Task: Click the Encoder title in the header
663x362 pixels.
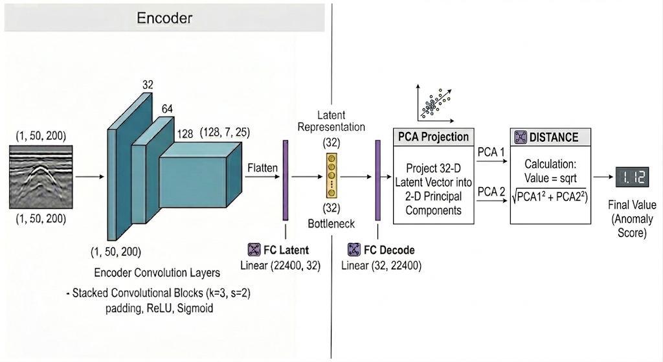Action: pos(164,17)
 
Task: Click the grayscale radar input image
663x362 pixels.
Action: pos(41,177)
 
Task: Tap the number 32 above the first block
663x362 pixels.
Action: pos(148,85)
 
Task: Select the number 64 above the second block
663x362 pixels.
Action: pos(167,109)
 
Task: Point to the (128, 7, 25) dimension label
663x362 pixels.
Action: pos(225,132)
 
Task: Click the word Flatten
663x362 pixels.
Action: pos(263,168)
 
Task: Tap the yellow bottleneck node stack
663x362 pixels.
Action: pos(331,175)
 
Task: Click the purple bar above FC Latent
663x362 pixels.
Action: pos(286,180)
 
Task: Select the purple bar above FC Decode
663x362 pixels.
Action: pos(377,180)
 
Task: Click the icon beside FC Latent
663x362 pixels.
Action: pos(254,249)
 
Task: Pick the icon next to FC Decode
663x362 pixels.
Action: pos(354,249)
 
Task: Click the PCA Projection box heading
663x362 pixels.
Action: pos(433,137)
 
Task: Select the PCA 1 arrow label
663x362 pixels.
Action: pos(491,152)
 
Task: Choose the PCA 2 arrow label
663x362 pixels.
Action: pos(491,192)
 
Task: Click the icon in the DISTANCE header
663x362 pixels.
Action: pos(520,137)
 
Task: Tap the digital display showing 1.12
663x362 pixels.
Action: pos(632,177)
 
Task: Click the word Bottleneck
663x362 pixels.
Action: pos(331,223)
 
